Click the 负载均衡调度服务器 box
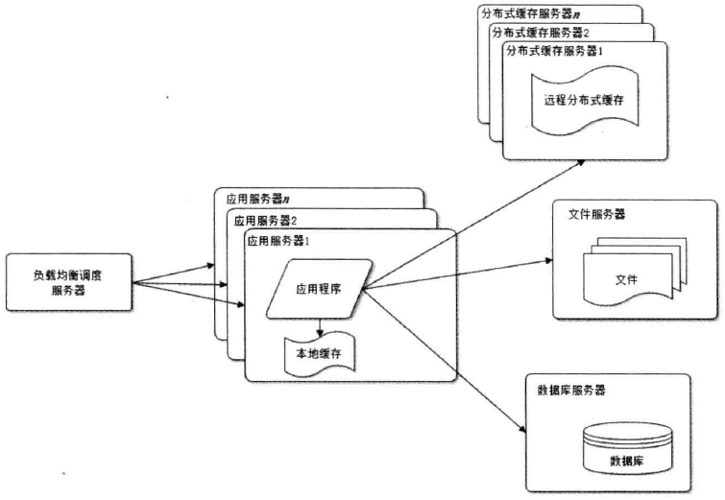coord(67,283)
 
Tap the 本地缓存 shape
coord(321,354)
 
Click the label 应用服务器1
coord(279,241)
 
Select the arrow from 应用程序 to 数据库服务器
coord(442,354)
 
